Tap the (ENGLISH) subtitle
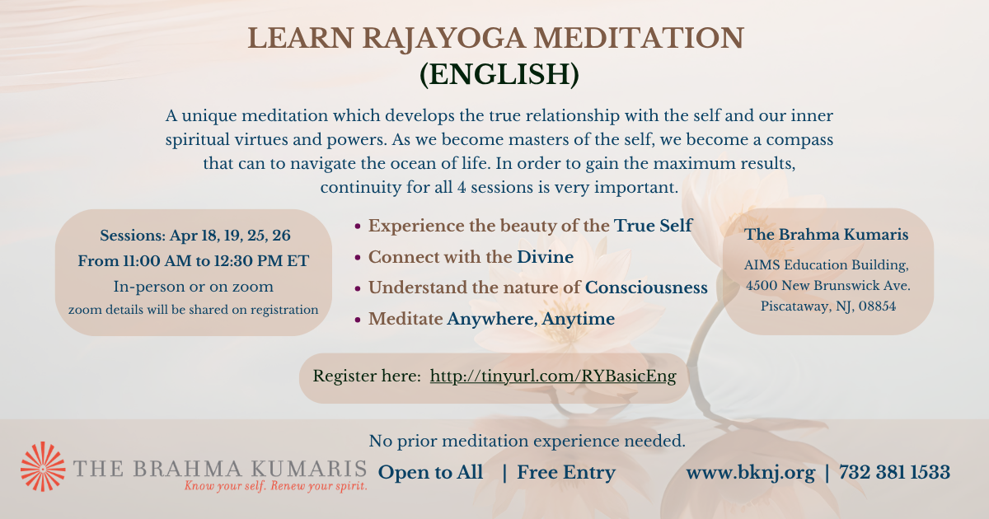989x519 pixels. [x=499, y=74]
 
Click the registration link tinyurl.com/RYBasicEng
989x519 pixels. [x=553, y=376]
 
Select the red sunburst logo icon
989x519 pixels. [x=43, y=466]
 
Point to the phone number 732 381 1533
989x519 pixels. [x=894, y=472]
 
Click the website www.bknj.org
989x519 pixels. [x=751, y=473]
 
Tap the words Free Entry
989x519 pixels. [x=566, y=473]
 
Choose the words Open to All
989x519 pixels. [x=430, y=472]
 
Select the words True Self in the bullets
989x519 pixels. [x=653, y=226]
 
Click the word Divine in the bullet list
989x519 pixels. [x=546, y=257]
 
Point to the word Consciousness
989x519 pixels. [x=646, y=288]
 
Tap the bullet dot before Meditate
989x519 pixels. [x=358, y=320]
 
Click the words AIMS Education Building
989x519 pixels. [x=826, y=264]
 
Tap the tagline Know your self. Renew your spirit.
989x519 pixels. [x=276, y=486]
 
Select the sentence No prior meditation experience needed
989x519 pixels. [x=527, y=441]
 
